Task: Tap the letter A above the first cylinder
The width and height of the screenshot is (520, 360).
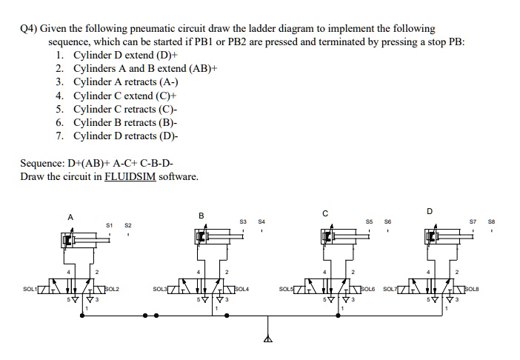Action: (71, 216)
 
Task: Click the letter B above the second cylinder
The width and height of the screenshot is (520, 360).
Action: (201, 216)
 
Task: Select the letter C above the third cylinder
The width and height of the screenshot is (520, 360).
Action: (324, 214)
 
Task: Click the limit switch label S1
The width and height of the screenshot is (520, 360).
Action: (110, 224)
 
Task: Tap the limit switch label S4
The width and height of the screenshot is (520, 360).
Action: (261, 220)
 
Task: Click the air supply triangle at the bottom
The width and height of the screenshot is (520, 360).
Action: (268, 340)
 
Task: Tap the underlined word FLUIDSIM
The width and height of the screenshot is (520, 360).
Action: (130, 176)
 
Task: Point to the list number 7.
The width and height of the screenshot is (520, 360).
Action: (59, 136)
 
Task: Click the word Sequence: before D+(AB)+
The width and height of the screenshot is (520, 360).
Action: (43, 163)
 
